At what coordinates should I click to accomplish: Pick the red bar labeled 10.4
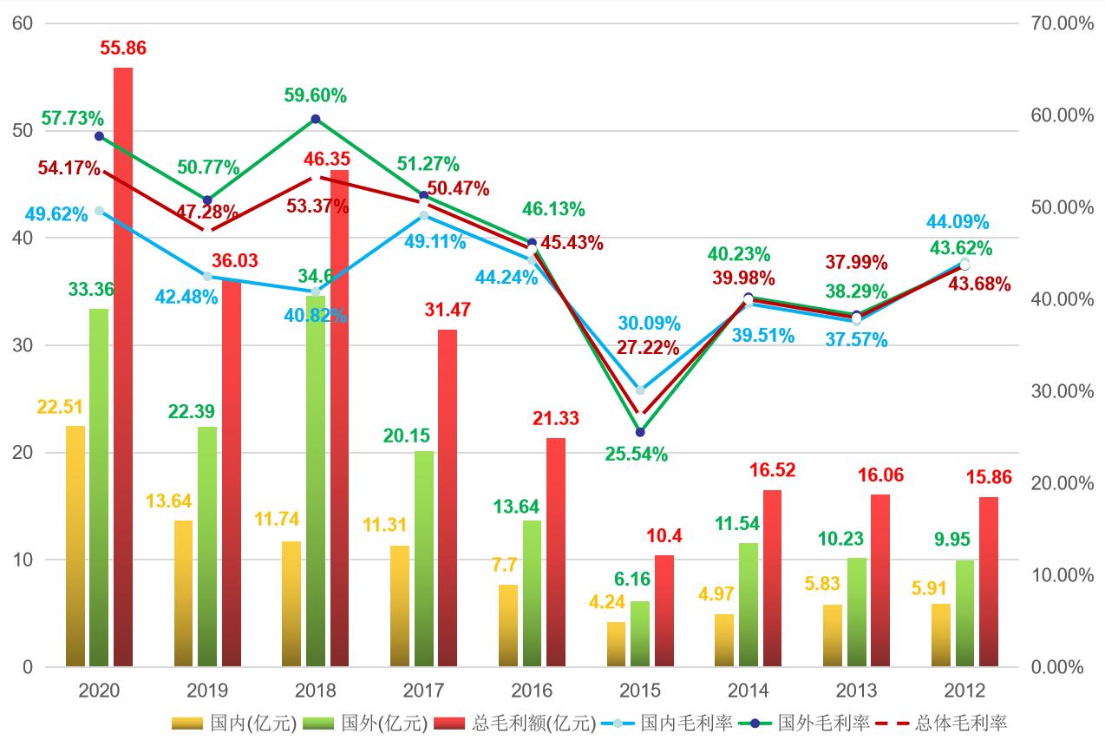click(x=664, y=611)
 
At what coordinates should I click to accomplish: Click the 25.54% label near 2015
click(x=637, y=454)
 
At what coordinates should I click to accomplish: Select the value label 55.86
click(x=123, y=49)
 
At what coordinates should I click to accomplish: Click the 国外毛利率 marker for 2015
click(x=640, y=432)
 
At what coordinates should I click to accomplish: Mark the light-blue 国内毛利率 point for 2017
click(x=423, y=215)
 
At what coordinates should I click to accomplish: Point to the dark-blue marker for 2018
click(x=316, y=119)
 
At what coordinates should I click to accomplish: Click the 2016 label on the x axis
click(x=532, y=691)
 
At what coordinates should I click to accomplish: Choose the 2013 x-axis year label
click(x=856, y=691)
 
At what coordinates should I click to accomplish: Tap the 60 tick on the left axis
click(x=23, y=23)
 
